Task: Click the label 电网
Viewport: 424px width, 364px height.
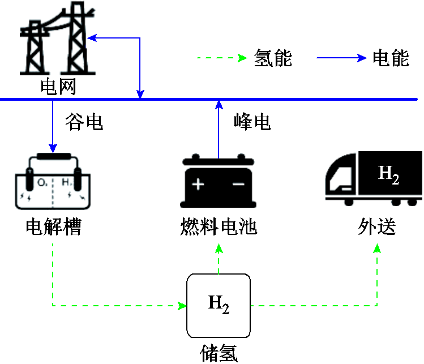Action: tap(57, 87)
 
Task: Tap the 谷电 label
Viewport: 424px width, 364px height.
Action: tap(84, 122)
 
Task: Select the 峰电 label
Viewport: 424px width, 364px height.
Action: tap(252, 122)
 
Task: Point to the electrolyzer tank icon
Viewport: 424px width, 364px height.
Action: tap(52, 181)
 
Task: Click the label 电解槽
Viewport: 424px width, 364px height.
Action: tap(54, 227)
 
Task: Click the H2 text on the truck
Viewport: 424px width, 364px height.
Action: tap(389, 174)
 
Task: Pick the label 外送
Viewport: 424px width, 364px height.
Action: tap(376, 227)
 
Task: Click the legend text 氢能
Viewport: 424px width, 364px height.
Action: tap(273, 58)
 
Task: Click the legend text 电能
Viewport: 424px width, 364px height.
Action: tap(391, 58)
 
